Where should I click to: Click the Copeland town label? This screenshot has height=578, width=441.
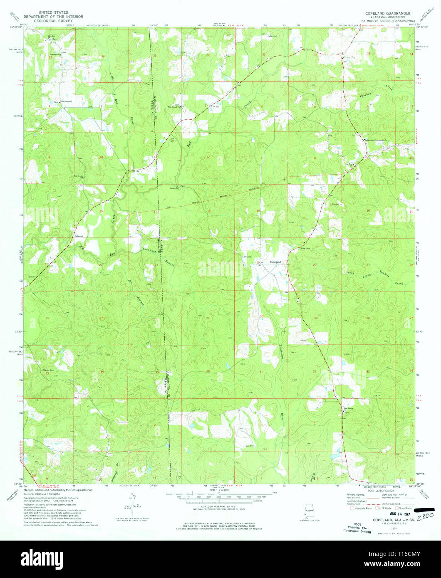click(275, 262)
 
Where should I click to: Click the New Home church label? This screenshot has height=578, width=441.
click(347, 409)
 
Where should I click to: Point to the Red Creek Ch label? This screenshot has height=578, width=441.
click(79, 176)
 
